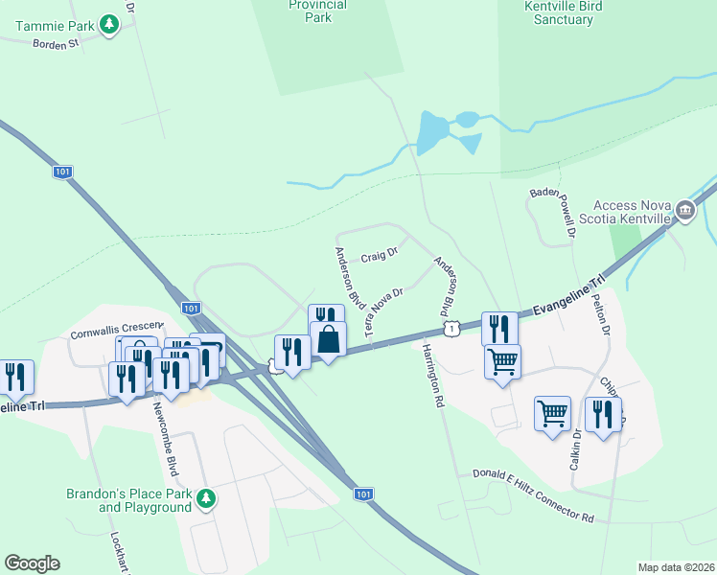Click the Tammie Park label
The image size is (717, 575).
point(47,25)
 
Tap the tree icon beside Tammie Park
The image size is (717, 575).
point(109,24)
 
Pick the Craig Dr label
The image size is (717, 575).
point(379,257)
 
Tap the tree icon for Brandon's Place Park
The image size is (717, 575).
point(205,498)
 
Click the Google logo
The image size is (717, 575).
point(32,563)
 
